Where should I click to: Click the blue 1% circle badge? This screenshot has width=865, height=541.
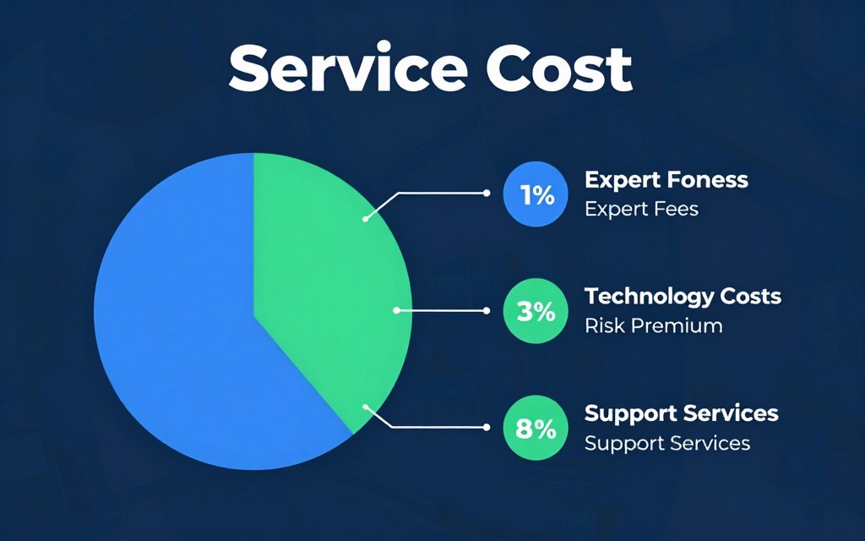[x=536, y=194]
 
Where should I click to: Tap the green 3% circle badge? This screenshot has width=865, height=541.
[x=536, y=311]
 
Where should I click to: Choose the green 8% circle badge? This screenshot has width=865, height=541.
[x=536, y=428]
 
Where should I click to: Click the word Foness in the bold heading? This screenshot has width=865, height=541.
[x=708, y=179]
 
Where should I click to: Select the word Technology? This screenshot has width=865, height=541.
[x=642, y=297]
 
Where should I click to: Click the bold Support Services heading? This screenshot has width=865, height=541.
[x=682, y=413]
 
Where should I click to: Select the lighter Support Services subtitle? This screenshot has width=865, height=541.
[x=667, y=443]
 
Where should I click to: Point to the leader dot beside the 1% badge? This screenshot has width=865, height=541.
[x=486, y=194]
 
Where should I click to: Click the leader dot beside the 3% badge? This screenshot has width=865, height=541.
[x=486, y=311]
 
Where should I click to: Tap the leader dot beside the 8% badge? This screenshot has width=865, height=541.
[x=486, y=427]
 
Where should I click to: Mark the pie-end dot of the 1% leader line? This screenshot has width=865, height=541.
[x=365, y=219]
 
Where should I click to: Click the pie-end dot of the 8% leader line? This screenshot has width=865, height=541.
[x=365, y=407]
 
